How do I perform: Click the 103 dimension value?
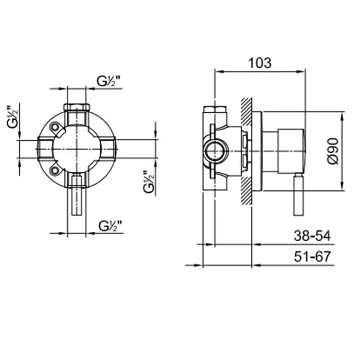(260, 63)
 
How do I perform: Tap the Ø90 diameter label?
(333, 151)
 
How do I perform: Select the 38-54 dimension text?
(312, 236)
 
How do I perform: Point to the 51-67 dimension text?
(312, 257)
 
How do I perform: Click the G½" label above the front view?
(109, 81)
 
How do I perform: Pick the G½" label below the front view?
(110, 226)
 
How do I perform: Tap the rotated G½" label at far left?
(12, 117)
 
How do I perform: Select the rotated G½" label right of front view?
(149, 182)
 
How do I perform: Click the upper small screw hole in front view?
(55, 127)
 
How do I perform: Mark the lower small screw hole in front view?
(55, 170)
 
